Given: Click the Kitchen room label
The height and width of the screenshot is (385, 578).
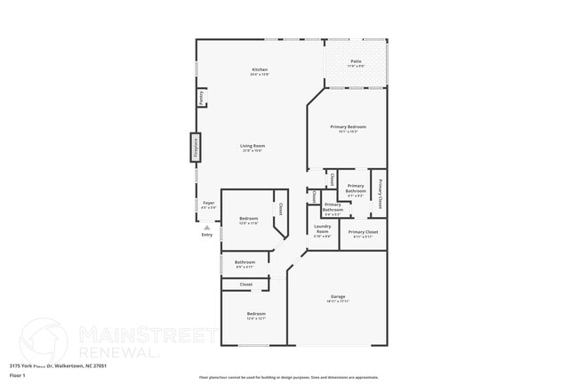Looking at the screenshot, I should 260,69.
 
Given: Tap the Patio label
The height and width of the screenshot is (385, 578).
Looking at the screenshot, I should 356,61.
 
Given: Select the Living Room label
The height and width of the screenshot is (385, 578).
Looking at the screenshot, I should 253,146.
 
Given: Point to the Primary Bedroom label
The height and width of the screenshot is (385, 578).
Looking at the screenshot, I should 348,127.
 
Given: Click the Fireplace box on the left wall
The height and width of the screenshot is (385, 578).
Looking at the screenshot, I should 195,147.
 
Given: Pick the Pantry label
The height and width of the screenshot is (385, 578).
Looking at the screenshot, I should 203,97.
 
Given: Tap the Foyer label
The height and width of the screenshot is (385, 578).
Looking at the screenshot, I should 209,203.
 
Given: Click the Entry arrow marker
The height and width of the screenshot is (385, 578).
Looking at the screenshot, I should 207,227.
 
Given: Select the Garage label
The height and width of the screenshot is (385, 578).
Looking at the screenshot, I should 338,296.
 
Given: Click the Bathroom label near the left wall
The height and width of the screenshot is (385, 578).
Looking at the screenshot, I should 245,262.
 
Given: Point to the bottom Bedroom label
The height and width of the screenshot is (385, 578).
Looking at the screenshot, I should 255,314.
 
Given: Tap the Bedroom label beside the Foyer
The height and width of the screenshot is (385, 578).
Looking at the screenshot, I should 248,219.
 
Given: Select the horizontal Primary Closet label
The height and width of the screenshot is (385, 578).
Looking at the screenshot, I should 363,232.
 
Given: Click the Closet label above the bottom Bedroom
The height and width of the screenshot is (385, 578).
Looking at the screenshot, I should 246,285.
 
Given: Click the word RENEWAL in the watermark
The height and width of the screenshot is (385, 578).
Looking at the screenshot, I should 119,352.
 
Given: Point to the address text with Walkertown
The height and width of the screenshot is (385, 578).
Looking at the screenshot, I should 59,365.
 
